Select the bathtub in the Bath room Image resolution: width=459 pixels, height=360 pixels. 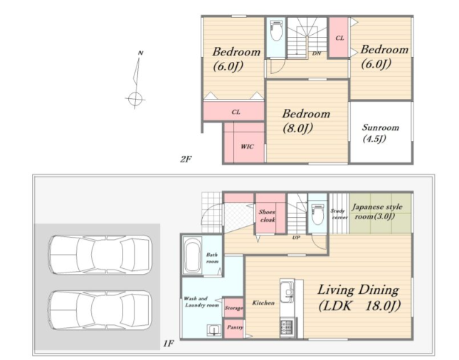point(192,255)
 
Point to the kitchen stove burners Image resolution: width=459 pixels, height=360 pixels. point(287,327)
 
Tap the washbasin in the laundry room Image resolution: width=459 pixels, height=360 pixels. point(214,331)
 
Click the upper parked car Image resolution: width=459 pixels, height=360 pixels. point(100,255)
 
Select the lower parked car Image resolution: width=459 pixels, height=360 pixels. point(100,310)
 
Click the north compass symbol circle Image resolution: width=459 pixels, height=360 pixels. point(135,99)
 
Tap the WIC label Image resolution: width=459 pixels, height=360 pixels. point(247,147)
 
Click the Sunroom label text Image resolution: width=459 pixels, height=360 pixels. point(381,127)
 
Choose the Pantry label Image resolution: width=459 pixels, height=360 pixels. point(235,327)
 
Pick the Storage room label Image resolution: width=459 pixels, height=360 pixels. point(234,308)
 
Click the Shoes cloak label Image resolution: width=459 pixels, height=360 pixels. point(267,216)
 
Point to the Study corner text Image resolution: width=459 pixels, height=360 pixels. point(339,214)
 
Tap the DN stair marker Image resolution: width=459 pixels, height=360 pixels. point(317,53)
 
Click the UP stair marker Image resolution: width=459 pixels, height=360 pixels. point(296,238)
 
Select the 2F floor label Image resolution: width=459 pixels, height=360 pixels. point(186,159)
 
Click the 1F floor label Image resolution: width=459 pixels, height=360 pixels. point(169,343)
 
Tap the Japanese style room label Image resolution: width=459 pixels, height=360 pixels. point(377,211)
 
